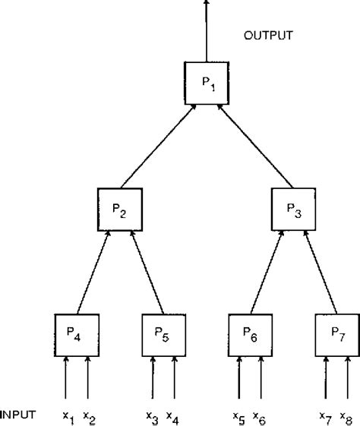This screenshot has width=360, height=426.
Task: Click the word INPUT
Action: [17, 414]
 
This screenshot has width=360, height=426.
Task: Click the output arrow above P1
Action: [205, 30]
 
